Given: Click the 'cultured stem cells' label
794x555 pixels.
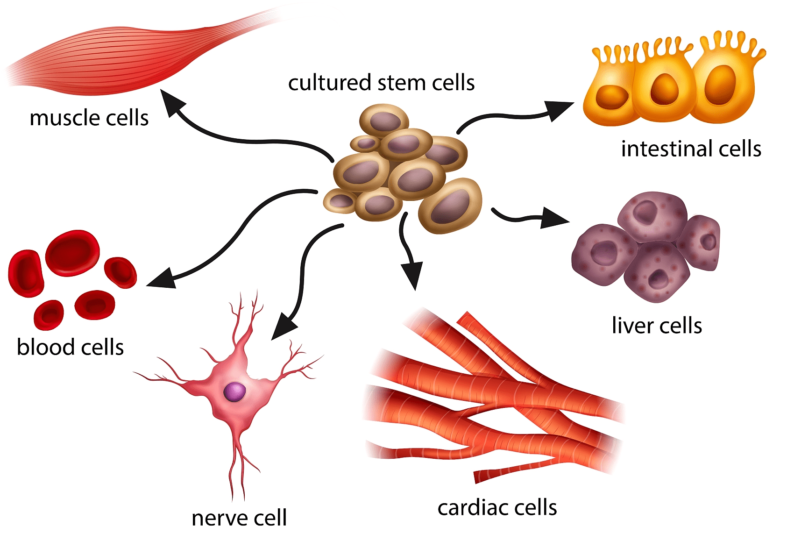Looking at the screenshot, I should (x=381, y=83).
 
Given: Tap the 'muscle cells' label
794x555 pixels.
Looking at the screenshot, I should (x=89, y=118).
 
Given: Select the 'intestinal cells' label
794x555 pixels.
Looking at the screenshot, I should (x=691, y=149).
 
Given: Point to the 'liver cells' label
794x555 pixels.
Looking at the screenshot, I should (x=656, y=326).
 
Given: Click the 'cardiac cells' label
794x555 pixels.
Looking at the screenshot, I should (x=497, y=507).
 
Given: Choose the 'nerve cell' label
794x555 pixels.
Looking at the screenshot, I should (x=239, y=518).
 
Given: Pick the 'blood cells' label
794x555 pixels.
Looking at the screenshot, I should (x=70, y=347).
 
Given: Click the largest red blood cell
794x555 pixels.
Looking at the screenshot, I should (x=72, y=252).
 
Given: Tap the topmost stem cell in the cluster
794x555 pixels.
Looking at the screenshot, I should (x=384, y=120).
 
